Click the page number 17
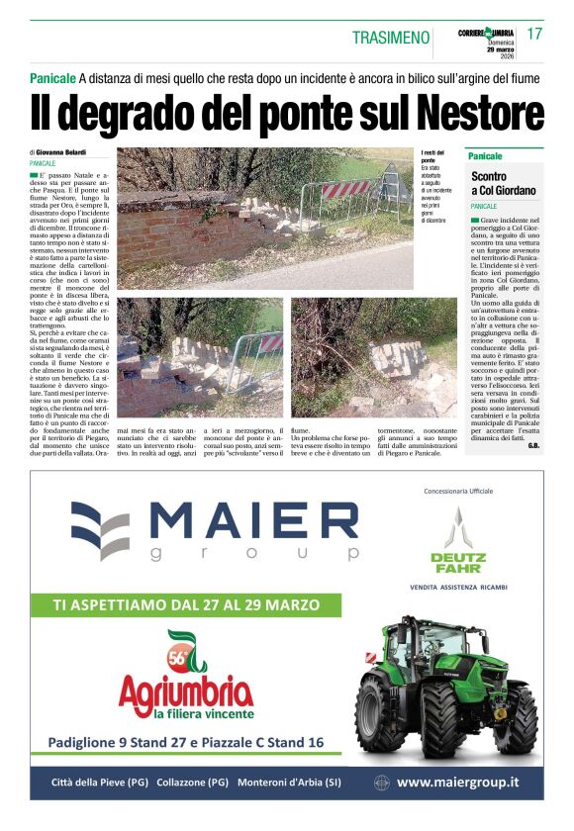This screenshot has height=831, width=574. pos(535,34)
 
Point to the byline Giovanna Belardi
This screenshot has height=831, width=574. pos(61,152)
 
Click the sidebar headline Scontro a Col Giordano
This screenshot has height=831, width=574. pos(503,183)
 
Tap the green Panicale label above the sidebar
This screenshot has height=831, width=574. pos(485,156)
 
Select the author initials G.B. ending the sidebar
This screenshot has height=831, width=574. pos(533,446)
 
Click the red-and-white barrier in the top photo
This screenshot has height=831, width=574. pos(345,189)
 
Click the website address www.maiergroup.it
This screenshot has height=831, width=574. pos(457,783)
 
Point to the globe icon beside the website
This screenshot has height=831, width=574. pos(382,783)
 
